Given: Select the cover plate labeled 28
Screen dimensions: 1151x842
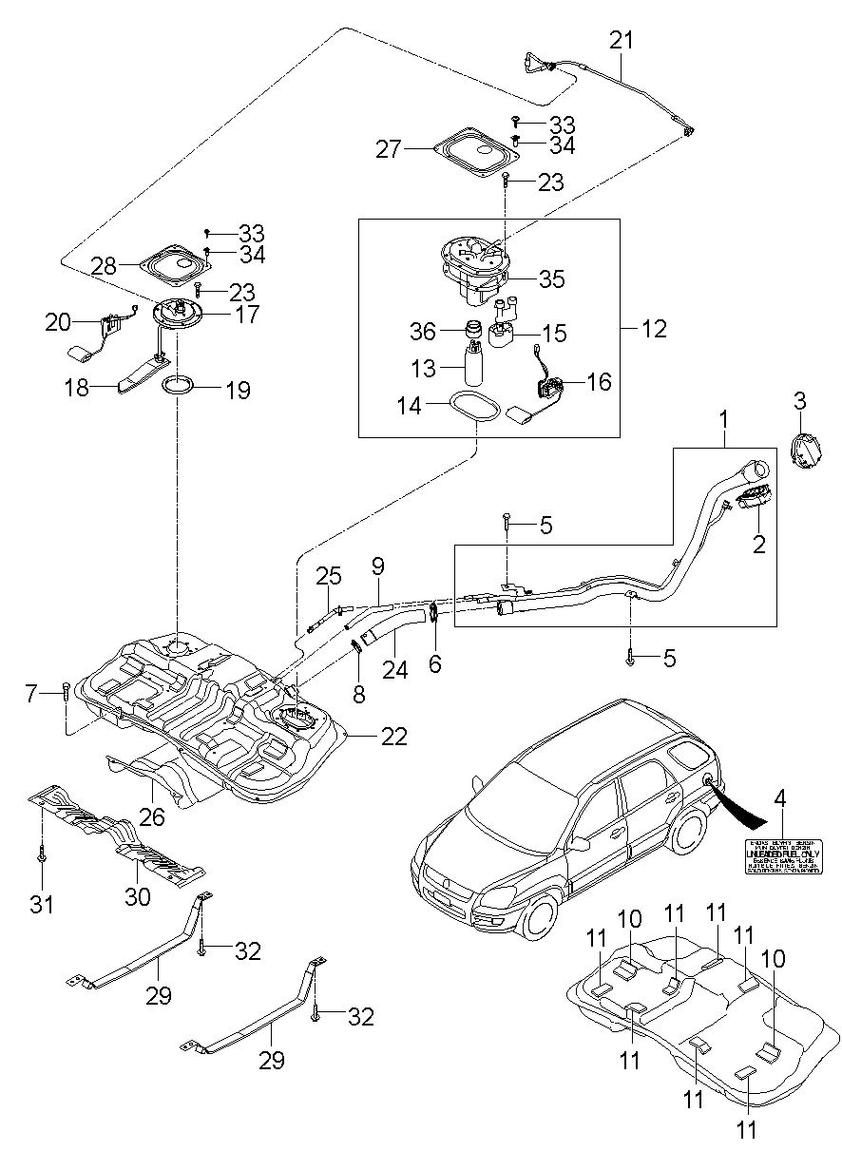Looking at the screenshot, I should click(x=173, y=266).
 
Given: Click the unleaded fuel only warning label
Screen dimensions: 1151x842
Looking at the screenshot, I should click(x=783, y=857).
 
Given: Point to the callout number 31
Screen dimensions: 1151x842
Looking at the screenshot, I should click(x=42, y=903).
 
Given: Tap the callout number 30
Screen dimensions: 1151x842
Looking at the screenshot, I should click(x=139, y=896).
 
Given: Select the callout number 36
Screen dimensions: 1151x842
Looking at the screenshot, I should click(x=423, y=331).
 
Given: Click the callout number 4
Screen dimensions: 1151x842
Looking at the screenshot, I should click(x=780, y=798).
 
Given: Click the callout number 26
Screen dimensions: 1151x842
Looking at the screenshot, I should click(x=153, y=815).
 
